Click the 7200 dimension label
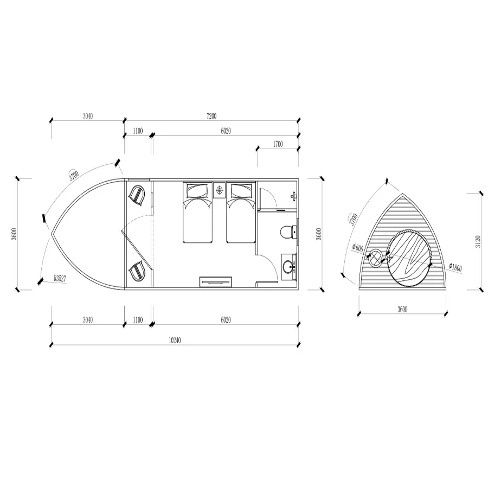coord(211,116)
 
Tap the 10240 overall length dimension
coord(175,340)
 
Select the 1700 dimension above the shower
coord(278,144)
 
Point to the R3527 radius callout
coord(60,278)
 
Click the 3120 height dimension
coord(478,241)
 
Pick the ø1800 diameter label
coord(455,267)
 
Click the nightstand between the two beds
coord(220,190)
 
